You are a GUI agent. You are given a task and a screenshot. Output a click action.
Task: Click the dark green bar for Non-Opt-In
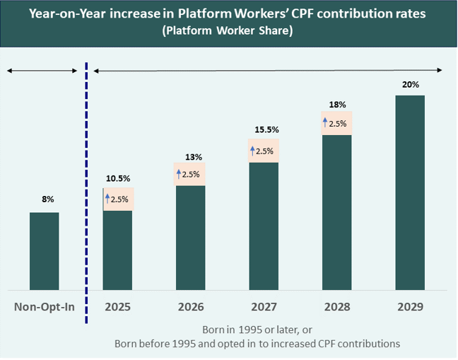coord(44,251)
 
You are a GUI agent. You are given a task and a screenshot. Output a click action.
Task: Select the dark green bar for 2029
coord(410,192)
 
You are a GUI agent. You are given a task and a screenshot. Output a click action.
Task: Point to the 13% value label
coord(191,156)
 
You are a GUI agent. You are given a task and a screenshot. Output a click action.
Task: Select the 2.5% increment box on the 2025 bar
coord(118,199)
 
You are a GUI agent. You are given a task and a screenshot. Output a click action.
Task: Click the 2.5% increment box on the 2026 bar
coord(191,174)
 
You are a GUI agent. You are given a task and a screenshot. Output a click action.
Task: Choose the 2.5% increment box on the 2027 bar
coord(264,151)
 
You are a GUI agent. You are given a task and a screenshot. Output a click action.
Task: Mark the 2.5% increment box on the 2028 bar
coord(337,123)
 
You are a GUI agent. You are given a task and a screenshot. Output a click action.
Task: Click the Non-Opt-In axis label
coord(44,308)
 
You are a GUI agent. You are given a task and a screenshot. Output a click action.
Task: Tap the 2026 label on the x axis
coord(191,308)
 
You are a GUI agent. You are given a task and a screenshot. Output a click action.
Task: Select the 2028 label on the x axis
coord(337,308)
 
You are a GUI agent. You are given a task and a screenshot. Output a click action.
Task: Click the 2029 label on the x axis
coord(410,308)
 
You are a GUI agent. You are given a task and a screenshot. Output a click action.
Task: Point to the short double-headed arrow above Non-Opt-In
coord(41,70)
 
